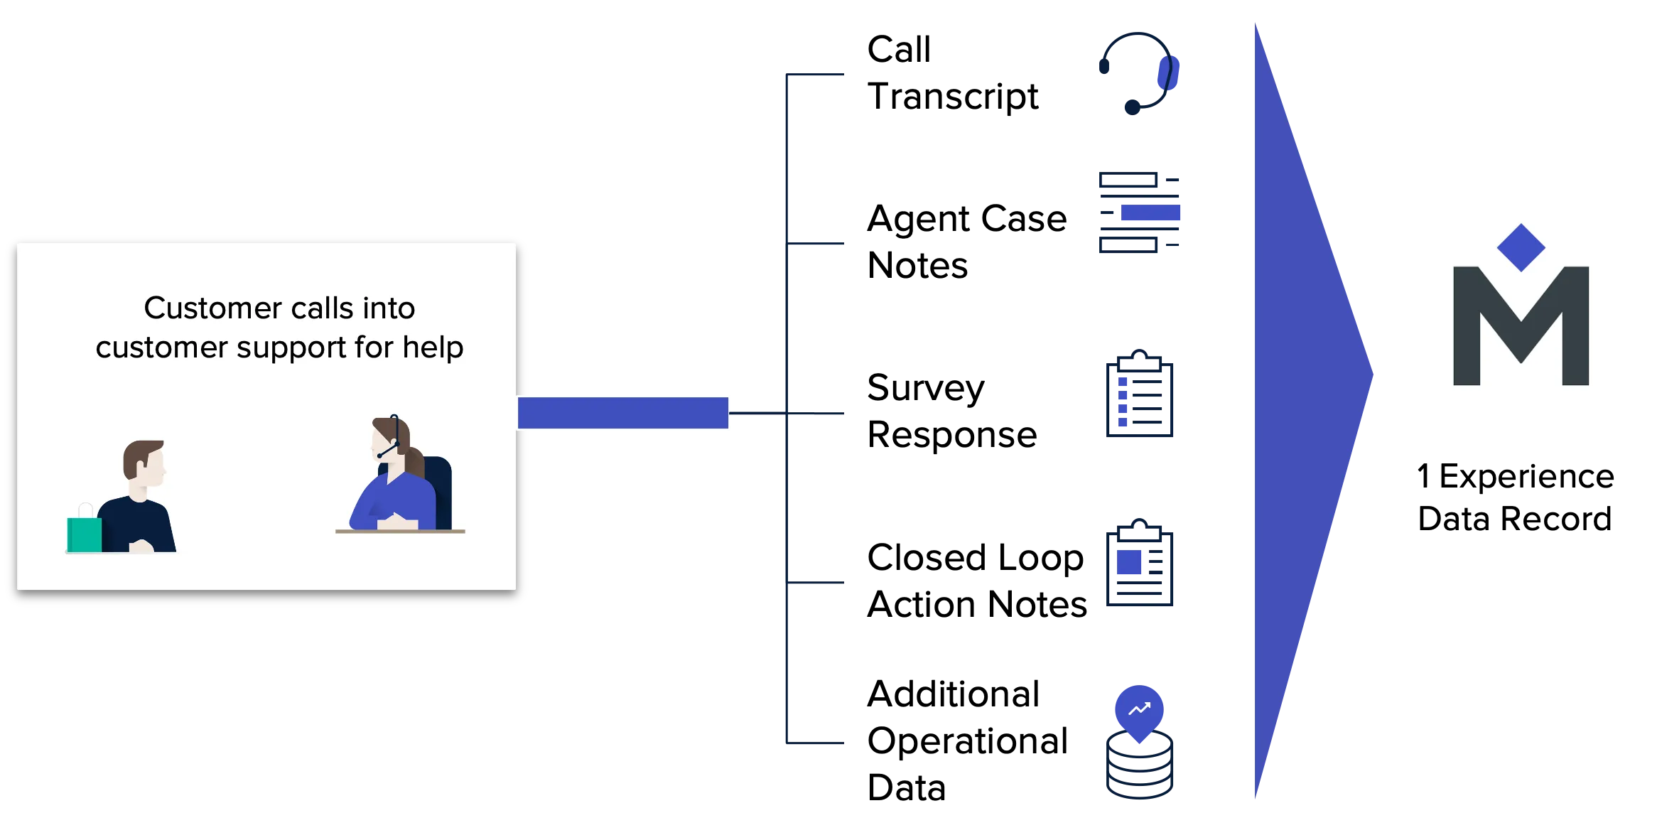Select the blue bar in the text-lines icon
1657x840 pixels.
(1150, 213)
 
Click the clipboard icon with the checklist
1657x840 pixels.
(1139, 394)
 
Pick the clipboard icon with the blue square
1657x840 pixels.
(1139, 564)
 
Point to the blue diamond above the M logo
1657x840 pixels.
(1521, 247)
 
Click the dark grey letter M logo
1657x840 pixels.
(1521, 327)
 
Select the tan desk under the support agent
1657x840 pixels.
(400, 531)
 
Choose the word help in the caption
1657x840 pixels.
(433, 348)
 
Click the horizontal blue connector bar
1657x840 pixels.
(623, 413)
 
